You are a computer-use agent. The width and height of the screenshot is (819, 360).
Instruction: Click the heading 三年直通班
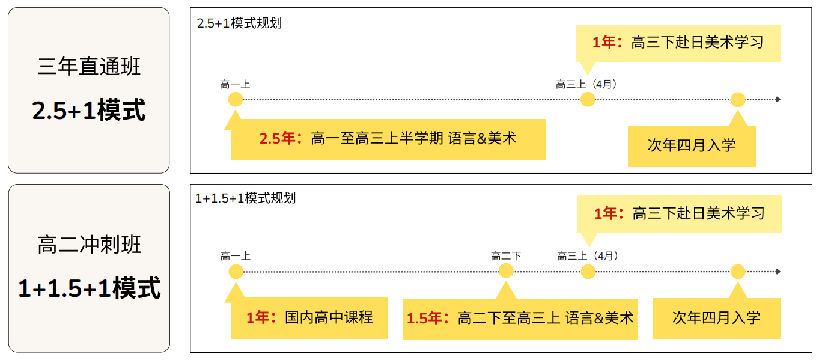[89, 66]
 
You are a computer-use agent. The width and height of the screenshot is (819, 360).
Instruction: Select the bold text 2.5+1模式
[89, 110]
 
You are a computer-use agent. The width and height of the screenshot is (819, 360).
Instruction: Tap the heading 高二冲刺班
[89, 245]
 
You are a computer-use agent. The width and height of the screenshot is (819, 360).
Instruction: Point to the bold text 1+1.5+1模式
[89, 288]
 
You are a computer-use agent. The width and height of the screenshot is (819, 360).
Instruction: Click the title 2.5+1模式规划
[239, 23]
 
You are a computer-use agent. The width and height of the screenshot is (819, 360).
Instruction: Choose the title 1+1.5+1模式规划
[245, 198]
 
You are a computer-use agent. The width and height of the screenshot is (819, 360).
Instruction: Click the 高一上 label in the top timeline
[235, 85]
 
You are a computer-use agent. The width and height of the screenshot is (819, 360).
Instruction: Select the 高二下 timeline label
[506, 256]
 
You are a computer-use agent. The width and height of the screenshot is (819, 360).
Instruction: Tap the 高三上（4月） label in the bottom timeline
[588, 256]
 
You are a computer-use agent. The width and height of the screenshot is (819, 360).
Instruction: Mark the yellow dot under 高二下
[506, 271]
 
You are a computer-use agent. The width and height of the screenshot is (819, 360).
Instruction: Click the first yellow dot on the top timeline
[236, 99]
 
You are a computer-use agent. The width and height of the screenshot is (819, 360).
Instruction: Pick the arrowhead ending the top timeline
[778, 99]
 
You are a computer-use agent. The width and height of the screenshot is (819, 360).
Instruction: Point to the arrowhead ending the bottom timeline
[778, 272]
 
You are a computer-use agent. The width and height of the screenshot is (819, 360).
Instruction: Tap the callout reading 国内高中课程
[309, 317]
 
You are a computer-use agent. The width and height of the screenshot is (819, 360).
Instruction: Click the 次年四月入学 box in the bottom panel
[716, 318]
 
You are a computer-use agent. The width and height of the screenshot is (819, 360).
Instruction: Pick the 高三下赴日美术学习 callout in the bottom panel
[679, 214]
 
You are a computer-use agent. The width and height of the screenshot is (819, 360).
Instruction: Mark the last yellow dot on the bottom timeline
[738, 272]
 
